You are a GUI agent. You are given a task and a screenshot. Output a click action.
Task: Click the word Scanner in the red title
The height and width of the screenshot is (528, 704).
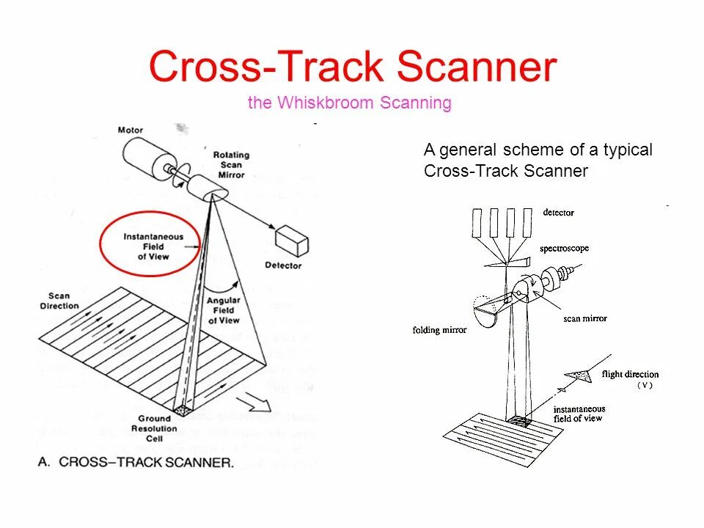477,67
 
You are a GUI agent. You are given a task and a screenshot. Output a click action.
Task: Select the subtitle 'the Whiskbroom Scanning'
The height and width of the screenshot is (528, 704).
349,103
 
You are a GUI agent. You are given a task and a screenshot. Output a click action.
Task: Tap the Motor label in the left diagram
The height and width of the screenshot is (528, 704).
130,131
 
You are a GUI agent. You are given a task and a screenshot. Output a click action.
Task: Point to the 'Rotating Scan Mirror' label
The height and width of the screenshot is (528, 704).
231,165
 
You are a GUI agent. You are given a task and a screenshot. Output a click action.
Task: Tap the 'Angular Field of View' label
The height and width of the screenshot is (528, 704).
224,310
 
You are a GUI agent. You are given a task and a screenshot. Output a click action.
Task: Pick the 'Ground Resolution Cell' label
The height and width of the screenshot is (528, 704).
155,429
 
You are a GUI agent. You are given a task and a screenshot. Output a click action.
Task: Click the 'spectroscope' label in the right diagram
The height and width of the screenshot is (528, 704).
564,249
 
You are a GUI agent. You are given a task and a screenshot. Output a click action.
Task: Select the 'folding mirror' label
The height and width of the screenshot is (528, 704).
439,330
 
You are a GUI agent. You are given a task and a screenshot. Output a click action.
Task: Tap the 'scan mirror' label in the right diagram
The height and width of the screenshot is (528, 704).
585,319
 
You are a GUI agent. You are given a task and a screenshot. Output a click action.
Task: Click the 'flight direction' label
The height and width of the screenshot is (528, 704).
630,375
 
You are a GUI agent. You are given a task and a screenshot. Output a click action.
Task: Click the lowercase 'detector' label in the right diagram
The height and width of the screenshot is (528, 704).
558,213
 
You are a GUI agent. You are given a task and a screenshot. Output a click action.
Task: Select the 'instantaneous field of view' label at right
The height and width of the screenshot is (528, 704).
579,414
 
